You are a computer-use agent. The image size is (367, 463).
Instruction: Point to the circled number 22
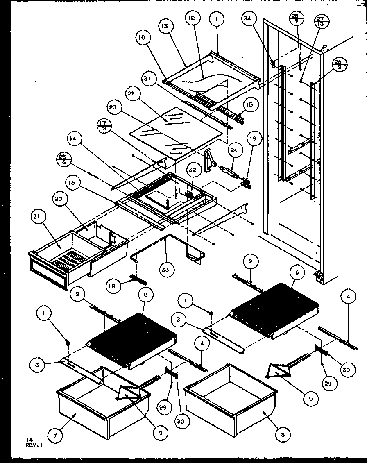click(131, 94)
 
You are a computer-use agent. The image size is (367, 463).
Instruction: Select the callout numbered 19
click(254, 138)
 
